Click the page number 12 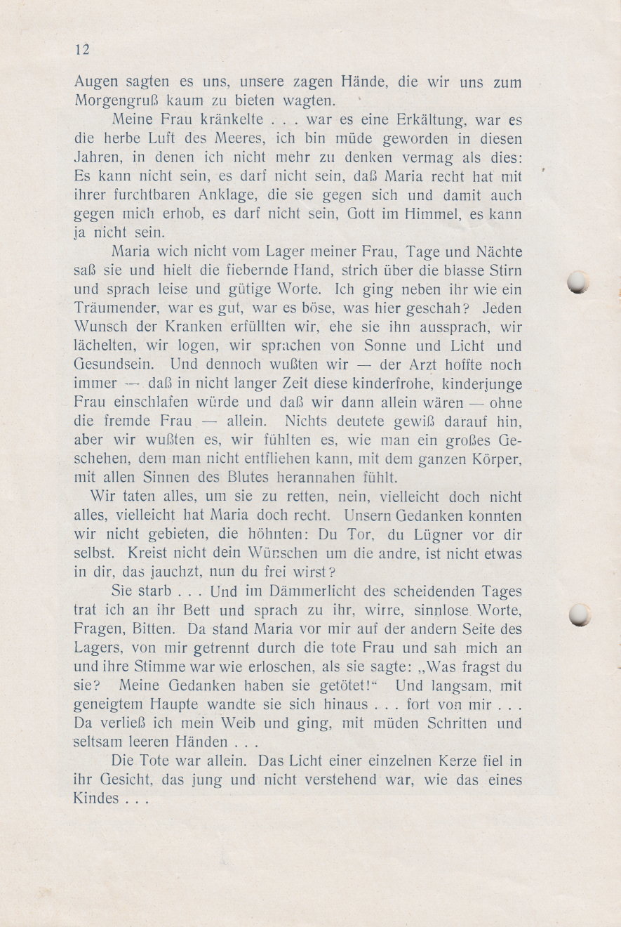81,49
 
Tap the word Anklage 210,196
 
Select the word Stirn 504,271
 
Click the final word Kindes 96,799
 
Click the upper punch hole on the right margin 578,282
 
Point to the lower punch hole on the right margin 579,614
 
